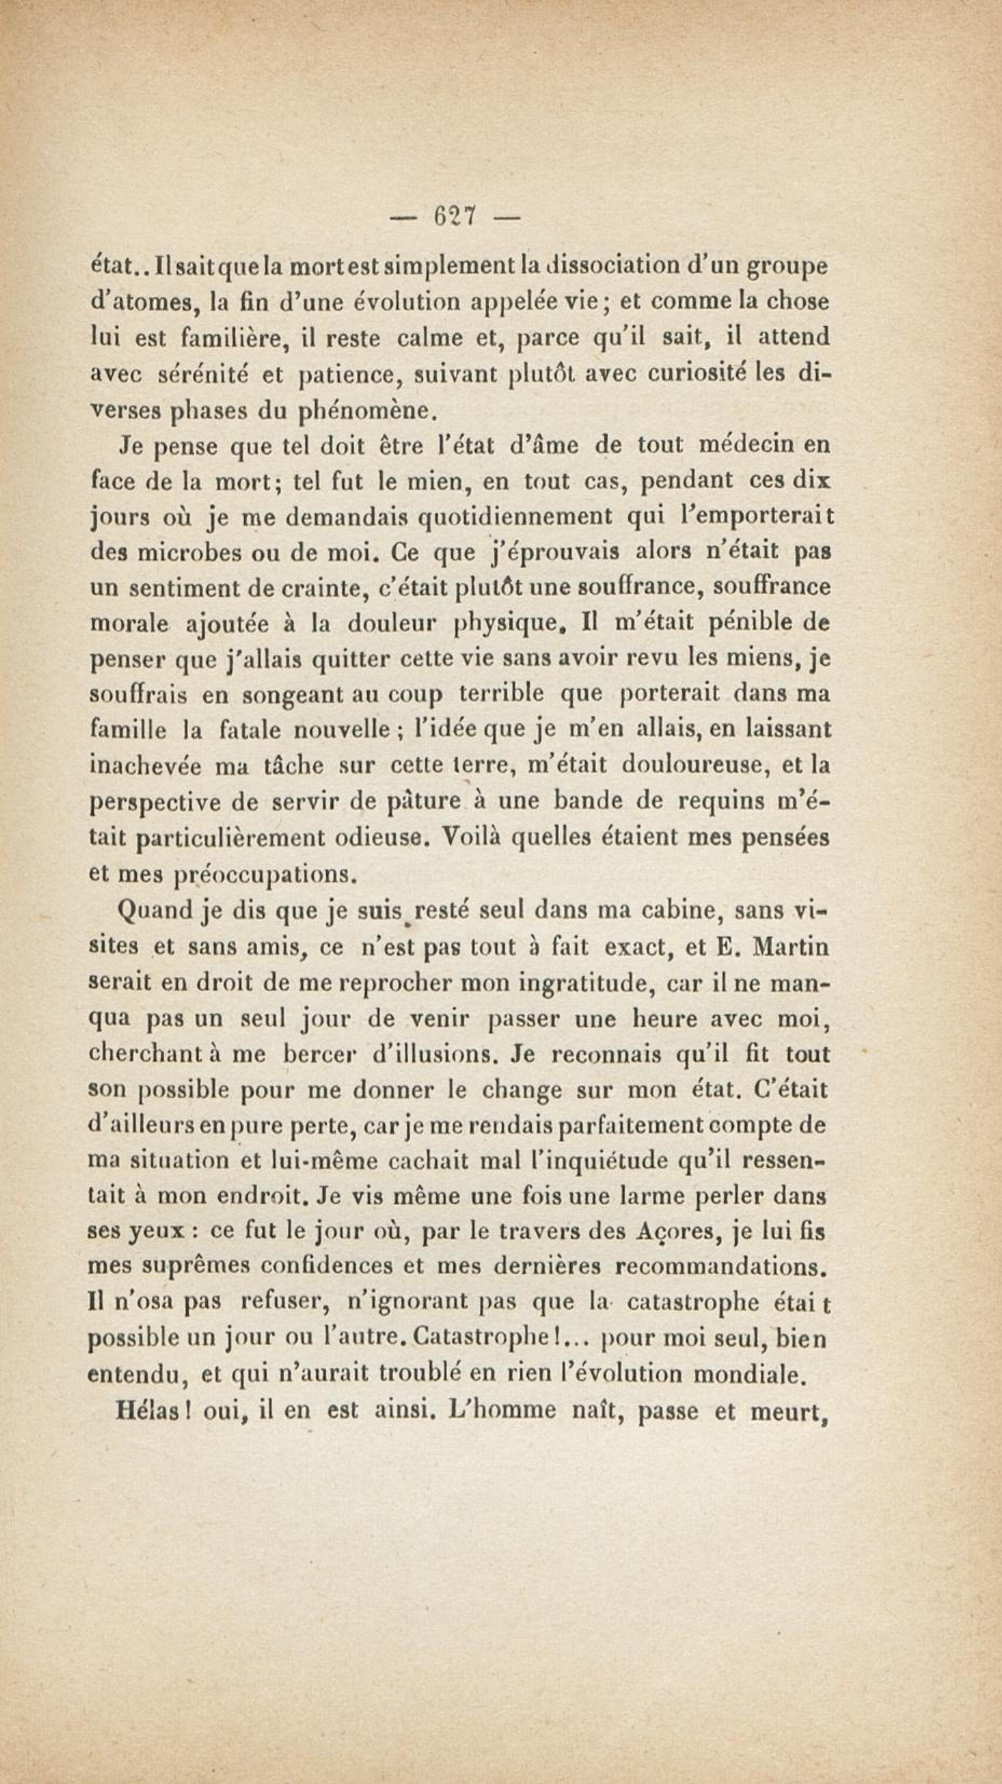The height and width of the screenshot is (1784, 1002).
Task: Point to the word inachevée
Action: pyautogui.click(x=146, y=766)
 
